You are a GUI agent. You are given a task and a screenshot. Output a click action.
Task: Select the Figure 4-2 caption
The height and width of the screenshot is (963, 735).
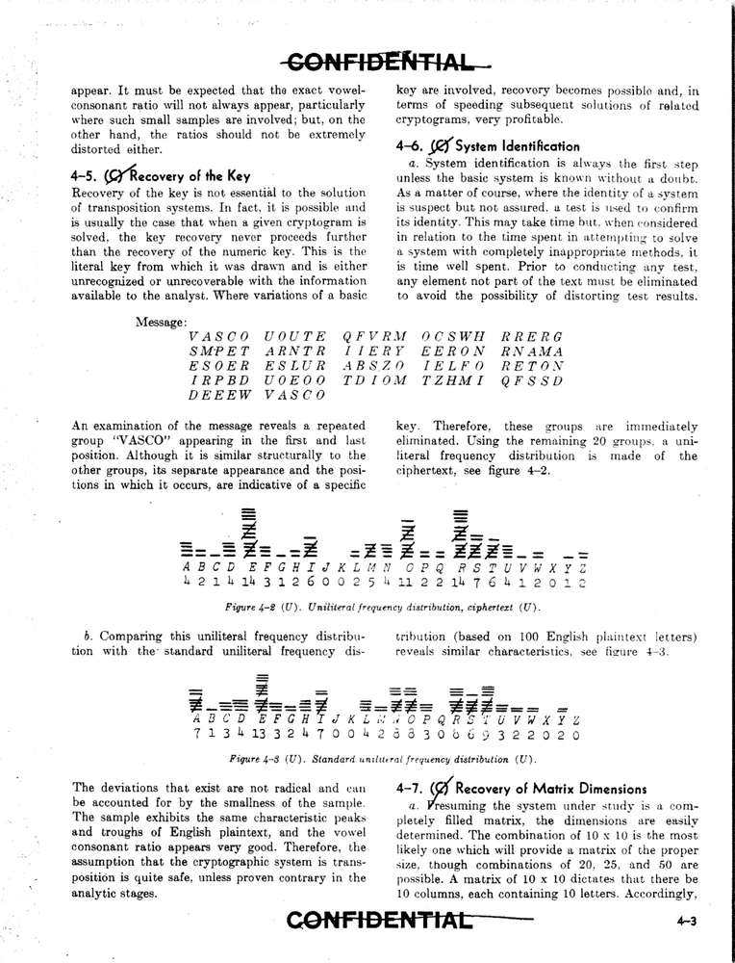(x=381, y=607)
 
